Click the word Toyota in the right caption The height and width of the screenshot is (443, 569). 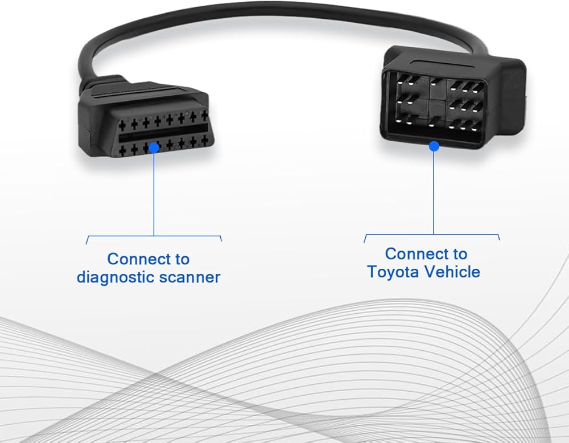[393, 272]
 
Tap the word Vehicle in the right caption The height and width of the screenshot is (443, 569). [452, 272]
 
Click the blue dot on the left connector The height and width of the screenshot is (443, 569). [154, 147]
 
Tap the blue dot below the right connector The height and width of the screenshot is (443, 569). [434, 147]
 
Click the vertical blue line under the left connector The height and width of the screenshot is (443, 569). [154, 194]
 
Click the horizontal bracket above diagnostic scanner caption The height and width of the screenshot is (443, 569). [154, 236]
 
